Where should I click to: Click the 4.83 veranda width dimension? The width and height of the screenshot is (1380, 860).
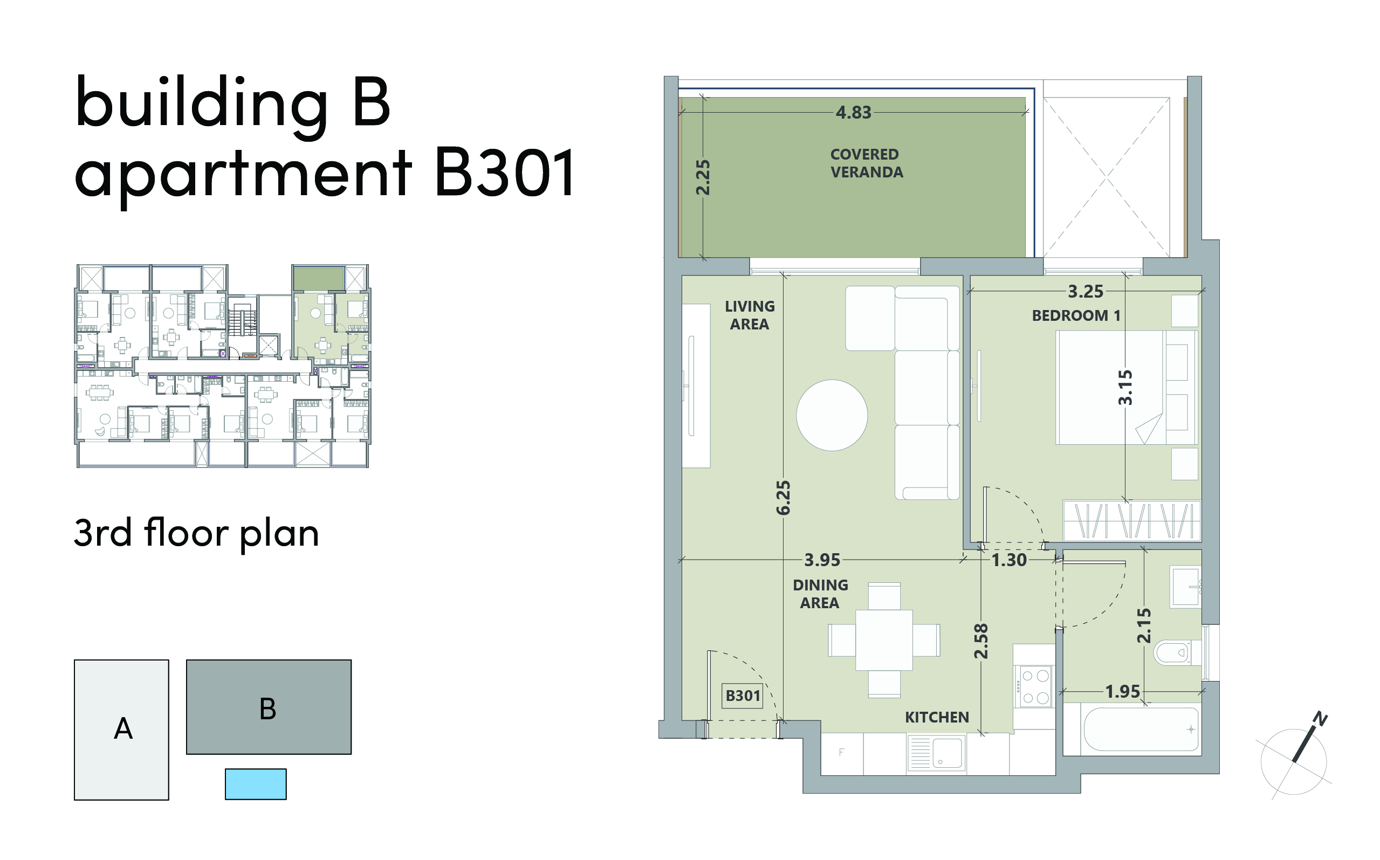(x=853, y=112)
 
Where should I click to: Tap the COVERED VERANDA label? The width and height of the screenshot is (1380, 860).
(x=866, y=163)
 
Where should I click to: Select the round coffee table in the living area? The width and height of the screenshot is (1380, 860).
(x=832, y=415)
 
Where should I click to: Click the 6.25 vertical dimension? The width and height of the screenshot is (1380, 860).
(x=783, y=498)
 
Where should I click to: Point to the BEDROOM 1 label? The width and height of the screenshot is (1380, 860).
(x=1076, y=315)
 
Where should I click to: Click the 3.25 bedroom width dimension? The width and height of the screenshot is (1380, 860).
(x=1086, y=291)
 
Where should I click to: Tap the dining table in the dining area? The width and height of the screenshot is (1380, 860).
(x=884, y=640)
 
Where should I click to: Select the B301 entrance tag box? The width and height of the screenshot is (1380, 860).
(x=743, y=696)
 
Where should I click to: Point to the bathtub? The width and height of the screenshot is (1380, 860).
(x=1141, y=729)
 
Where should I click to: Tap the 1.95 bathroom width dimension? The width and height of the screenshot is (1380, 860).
(x=1122, y=692)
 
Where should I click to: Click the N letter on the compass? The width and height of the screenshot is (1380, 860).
(x=1320, y=718)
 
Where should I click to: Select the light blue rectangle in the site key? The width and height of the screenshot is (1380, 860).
(x=256, y=784)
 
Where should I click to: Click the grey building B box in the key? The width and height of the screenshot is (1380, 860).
(x=269, y=706)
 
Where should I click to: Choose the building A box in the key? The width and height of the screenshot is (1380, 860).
(x=121, y=729)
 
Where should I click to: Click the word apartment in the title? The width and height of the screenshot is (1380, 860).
(x=243, y=175)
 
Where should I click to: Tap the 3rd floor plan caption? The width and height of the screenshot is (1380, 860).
(x=196, y=533)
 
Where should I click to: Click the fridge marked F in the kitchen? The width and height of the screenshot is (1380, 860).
(x=842, y=753)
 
